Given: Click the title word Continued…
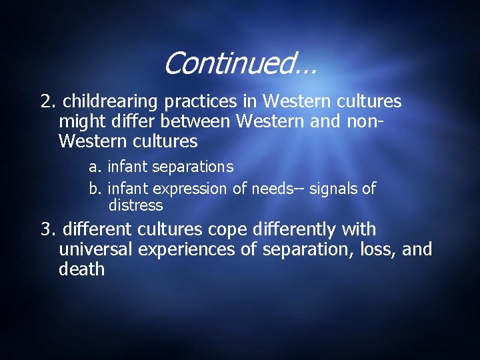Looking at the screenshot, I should coord(239,64).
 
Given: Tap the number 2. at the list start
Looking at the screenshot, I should coord(48,101).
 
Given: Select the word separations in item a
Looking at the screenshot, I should coord(193,166).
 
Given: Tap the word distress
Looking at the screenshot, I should coord(135,205).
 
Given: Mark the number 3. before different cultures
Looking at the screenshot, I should coord(48,229).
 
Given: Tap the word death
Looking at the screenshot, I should coord(82,269).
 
